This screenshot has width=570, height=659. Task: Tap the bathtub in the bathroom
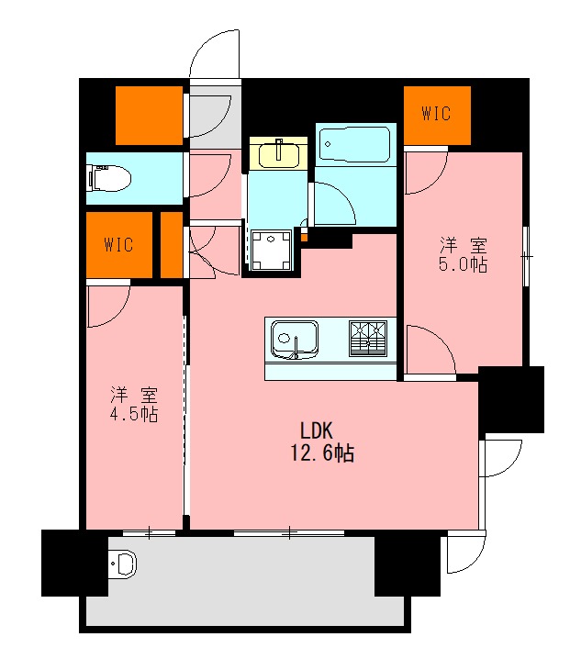coord(355,144)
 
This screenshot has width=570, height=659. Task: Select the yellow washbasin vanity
coord(280,153)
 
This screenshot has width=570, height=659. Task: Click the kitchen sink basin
coord(293,341)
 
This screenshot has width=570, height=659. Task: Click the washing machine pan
coord(272,250)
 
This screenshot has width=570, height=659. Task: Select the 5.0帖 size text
coord(463,264)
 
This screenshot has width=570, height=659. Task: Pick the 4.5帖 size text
coord(135,415)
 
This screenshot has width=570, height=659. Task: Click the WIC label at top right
coord(436,114)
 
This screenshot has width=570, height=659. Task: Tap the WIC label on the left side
coord(118,244)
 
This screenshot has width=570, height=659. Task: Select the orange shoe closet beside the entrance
coord(149,115)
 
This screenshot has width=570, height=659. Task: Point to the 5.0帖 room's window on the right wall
coord(525,257)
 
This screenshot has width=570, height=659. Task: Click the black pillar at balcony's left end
coord(63,562)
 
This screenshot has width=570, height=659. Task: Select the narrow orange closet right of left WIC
coord(172,244)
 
